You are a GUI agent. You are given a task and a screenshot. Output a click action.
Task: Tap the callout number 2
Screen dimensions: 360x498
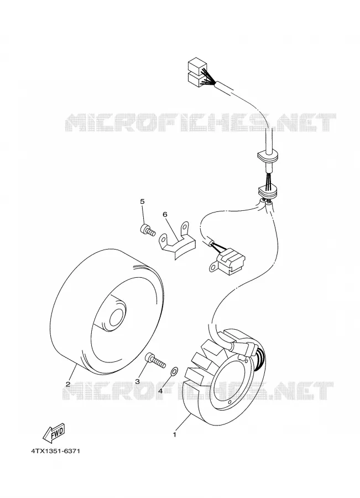67,383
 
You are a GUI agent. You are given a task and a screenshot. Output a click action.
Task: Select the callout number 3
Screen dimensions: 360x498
138,381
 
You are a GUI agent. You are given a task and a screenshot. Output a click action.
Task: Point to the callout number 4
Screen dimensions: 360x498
160,391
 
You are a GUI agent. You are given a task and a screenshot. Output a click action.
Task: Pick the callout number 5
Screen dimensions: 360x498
142,201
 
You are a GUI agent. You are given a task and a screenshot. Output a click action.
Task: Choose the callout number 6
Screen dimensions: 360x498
165,214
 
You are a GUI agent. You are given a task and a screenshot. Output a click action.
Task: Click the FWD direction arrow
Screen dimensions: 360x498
54,433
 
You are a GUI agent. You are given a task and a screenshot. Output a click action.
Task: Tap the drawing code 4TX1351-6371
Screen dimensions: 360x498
55,451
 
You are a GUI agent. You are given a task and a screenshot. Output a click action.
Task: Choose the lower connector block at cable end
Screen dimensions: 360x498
196,79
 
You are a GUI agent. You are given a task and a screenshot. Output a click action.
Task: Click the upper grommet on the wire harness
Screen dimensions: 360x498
267,156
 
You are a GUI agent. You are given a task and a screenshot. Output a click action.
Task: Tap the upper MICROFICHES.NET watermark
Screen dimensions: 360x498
200,122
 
